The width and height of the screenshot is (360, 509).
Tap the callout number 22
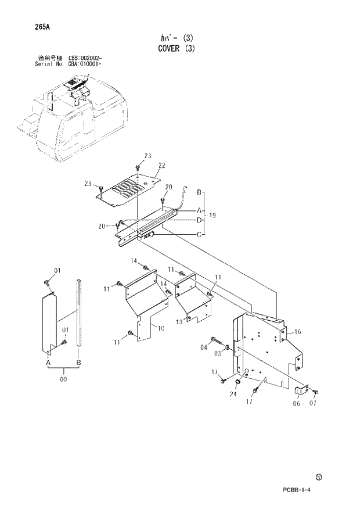coord(162,166)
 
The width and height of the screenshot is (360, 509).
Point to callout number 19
coord(213,216)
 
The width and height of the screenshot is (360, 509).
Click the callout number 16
coord(297,332)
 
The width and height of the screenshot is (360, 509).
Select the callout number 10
coord(161,329)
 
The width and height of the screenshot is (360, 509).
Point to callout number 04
coord(203,347)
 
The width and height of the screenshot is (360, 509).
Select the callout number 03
coord(219,353)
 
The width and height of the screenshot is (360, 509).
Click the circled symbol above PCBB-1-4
coord(319,477)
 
